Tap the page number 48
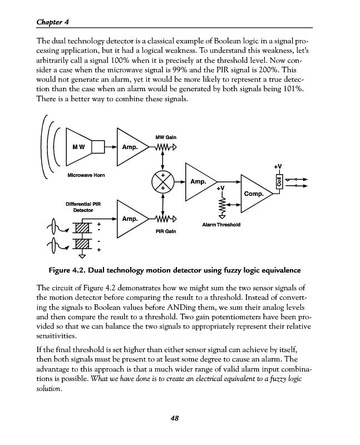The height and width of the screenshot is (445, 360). (x=174, y=418)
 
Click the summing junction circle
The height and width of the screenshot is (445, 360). (x=163, y=182)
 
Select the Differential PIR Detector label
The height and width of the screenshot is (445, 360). (x=83, y=207)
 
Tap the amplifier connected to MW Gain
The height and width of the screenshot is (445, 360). (x=131, y=147)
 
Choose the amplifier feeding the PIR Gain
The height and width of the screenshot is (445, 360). (x=131, y=218)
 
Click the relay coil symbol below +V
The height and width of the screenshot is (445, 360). (x=278, y=181)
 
